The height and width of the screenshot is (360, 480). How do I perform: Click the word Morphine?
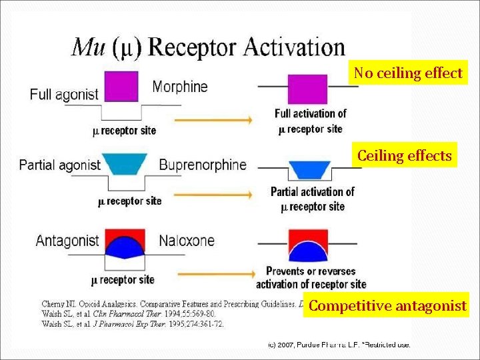point(180,87)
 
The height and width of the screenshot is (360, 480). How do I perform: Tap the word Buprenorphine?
point(203,165)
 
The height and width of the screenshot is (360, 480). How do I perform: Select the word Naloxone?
point(187,241)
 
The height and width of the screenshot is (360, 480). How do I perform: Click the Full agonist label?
point(63,95)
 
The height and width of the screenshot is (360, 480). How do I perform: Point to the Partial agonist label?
point(60,165)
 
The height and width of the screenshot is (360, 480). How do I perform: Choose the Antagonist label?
point(67,241)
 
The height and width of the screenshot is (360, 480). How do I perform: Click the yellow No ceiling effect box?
point(408,73)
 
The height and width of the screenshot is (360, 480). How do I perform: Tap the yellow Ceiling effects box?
point(405,156)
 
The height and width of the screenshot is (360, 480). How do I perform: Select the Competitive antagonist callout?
point(387,306)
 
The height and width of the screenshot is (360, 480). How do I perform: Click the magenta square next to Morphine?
point(121,87)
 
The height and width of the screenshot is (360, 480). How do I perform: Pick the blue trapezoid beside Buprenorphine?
point(126,164)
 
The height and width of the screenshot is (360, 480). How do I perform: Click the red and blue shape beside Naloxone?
point(126,243)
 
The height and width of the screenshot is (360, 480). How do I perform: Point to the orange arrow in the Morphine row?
point(213,120)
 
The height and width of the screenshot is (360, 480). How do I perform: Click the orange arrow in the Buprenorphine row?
point(213,195)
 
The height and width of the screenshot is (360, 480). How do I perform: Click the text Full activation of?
point(311,113)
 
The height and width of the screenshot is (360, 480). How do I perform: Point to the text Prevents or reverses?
point(311,271)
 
